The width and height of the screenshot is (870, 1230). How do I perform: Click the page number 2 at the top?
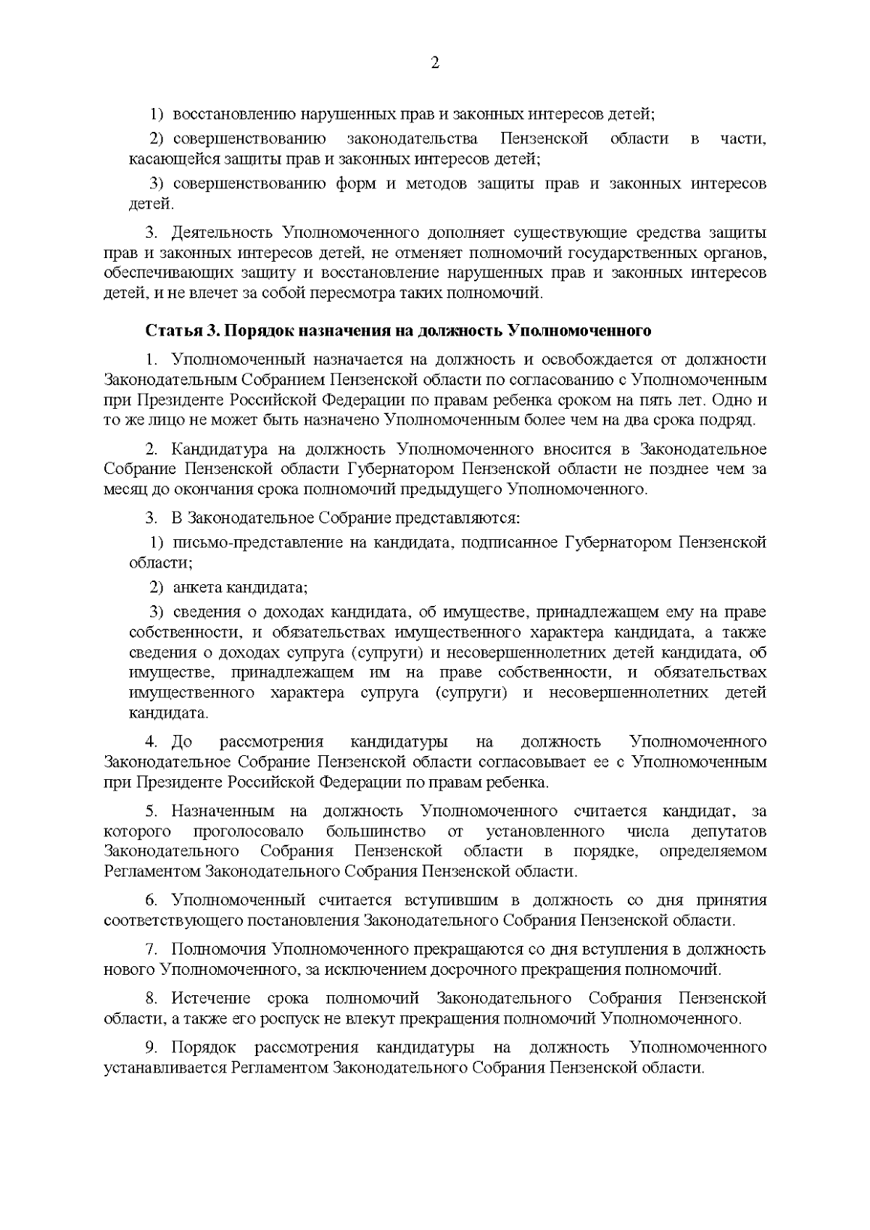click(x=435, y=63)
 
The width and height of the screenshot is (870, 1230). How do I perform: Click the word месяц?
click(x=123, y=489)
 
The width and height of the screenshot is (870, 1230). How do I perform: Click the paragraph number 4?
click(x=151, y=741)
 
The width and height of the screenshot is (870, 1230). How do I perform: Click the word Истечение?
click(x=211, y=998)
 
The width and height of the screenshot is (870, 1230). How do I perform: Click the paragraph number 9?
click(x=151, y=1047)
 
